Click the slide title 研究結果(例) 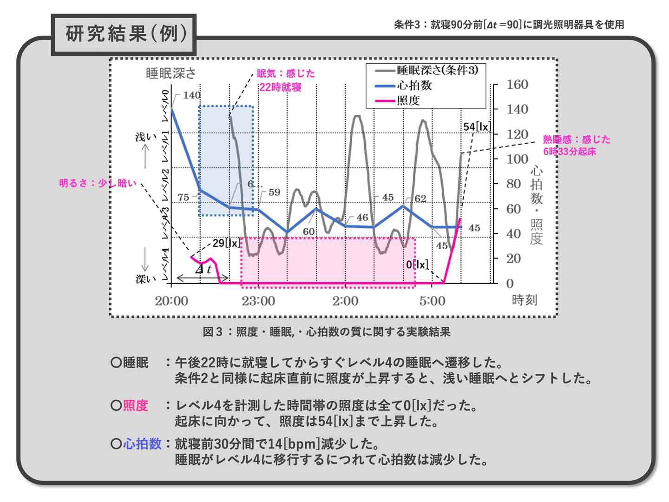pos(125,34)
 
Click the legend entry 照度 pos(408,100)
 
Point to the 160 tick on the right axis pos(517,85)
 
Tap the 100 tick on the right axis pos(517,159)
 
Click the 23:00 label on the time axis pos(258,301)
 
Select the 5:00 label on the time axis pos(432,301)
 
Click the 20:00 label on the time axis pos(171,301)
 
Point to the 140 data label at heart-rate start pos(191,95)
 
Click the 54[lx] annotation pos(477,127)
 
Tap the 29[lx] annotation pos(226,243)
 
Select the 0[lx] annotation pos(417,265)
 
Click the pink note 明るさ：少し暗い pos(98,183)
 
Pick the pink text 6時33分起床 pos(569,152)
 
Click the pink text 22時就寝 pos(280,87)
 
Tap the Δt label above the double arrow pos(203,269)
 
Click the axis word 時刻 pos(525,300)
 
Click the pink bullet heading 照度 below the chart pos(135,406)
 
